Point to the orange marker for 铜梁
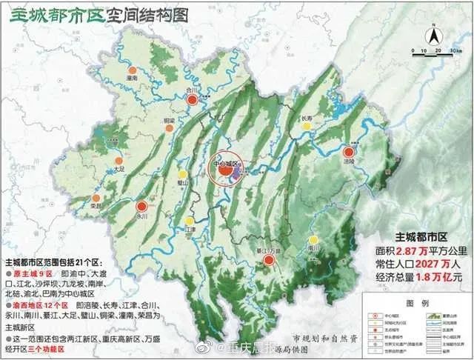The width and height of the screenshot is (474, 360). pos(170,128)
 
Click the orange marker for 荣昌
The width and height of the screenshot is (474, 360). pos(96,196)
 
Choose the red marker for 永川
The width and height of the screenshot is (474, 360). pos(142,207)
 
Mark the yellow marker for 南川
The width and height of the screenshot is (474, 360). pos(315,240)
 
